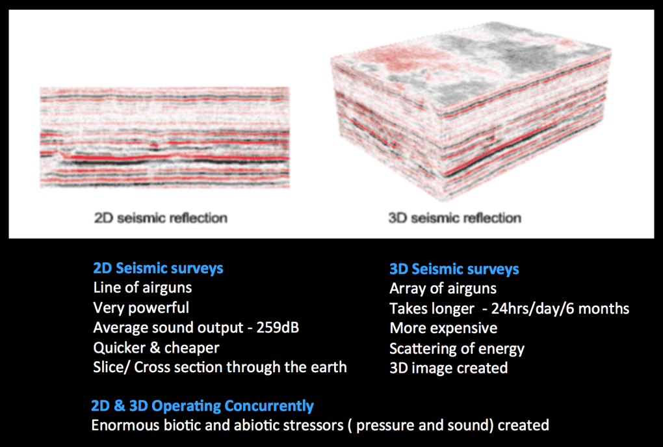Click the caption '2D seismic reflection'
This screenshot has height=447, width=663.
tap(161, 218)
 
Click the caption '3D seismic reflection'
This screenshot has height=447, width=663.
tap(454, 218)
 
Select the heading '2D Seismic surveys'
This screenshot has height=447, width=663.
tap(158, 268)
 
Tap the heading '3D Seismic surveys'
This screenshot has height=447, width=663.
tap(454, 269)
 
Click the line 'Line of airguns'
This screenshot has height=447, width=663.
tap(142, 288)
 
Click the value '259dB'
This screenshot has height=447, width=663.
tap(278, 328)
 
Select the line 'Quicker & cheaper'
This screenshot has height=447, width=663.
tap(156, 348)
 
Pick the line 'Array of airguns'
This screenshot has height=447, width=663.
tap(443, 289)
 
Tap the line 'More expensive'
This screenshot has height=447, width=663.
tap(443, 329)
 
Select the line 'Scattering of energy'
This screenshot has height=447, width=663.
tap(457, 349)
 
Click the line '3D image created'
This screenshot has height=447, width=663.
tap(448, 368)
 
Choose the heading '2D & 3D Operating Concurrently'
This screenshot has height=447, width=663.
tap(202, 406)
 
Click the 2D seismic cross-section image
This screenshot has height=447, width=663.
tap(165, 137)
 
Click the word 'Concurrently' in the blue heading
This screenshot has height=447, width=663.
tap(269, 406)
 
